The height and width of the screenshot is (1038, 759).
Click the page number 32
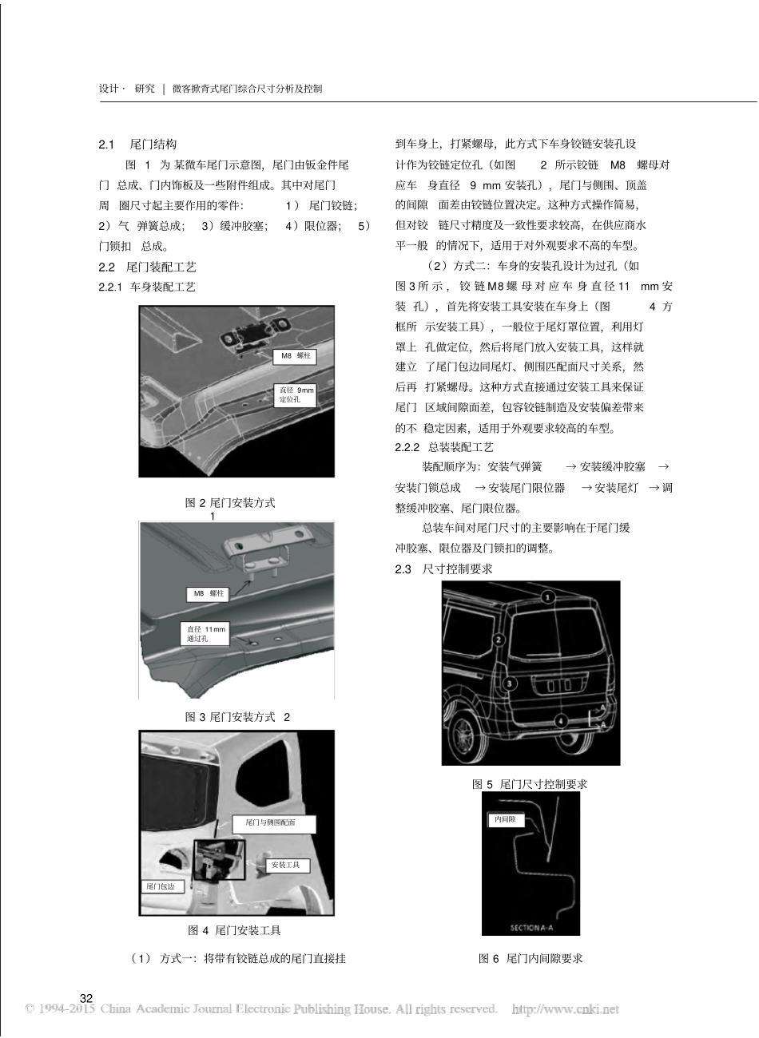point(86,998)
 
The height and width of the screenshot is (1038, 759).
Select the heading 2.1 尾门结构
point(137,145)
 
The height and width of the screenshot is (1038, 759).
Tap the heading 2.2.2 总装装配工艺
point(444,447)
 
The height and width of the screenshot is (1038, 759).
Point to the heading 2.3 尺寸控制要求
point(443,569)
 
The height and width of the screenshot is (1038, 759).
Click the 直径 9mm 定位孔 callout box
point(296,394)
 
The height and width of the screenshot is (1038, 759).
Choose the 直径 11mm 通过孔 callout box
point(206,634)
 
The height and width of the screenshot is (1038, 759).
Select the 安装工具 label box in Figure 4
point(285,865)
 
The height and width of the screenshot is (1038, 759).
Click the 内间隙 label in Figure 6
point(504,819)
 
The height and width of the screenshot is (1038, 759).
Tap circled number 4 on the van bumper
point(562,720)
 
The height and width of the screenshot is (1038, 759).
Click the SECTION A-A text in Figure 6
point(531,927)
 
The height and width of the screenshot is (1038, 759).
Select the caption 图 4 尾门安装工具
point(234,930)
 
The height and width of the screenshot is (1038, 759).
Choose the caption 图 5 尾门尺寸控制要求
point(530,784)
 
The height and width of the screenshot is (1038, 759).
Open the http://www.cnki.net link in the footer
point(565,1009)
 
